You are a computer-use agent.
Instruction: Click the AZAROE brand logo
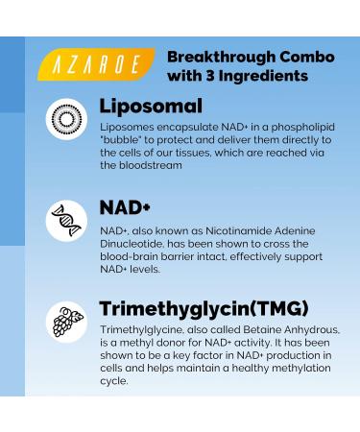[97, 65]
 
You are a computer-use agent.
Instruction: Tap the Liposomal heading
[151, 106]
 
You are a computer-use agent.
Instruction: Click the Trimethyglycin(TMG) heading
[204, 308]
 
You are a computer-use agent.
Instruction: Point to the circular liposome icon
[66, 119]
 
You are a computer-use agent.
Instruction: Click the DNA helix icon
[66, 220]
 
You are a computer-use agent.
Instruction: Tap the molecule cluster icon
[66, 322]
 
